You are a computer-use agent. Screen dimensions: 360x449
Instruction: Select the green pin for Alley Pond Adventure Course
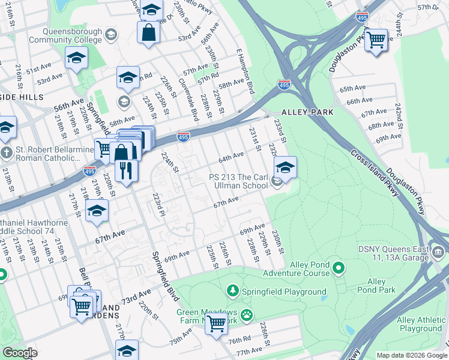pos(339,268)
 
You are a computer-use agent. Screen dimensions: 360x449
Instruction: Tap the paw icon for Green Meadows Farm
pos(246,314)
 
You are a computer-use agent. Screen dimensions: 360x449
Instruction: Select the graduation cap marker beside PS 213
pos(285,167)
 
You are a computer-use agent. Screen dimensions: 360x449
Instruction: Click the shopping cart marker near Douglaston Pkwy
pos(376,40)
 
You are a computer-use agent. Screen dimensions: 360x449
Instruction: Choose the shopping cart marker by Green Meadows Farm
pos(216,323)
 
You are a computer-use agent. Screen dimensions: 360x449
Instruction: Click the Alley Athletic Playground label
pos(420,325)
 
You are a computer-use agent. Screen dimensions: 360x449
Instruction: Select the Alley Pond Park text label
pos(376,286)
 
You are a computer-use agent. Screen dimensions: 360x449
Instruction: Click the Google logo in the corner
pos(19,352)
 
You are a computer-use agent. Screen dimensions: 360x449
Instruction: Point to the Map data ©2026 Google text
pos(411,355)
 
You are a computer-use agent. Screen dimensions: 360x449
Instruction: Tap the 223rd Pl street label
pos(158,205)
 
